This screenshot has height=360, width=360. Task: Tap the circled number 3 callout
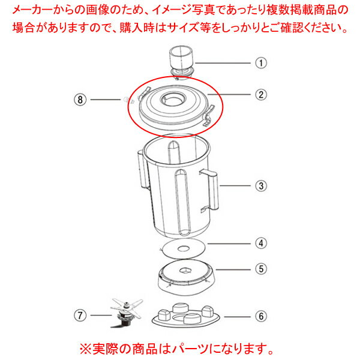pyautogui.click(x=260, y=186)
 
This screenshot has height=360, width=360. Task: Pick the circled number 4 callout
pyautogui.click(x=260, y=244)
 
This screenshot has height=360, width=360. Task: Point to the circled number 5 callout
pyautogui.click(x=260, y=269)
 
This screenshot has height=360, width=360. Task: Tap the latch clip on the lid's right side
pyautogui.click(x=209, y=112)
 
